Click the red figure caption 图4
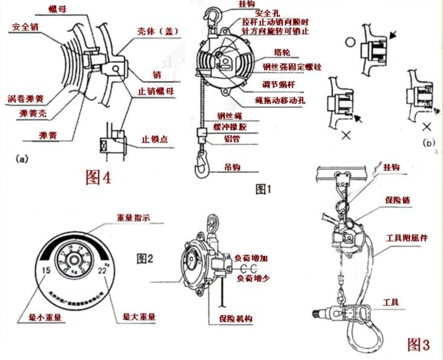(x=99, y=177)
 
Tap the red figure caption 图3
(x=418, y=345)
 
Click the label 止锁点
(x=155, y=138)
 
